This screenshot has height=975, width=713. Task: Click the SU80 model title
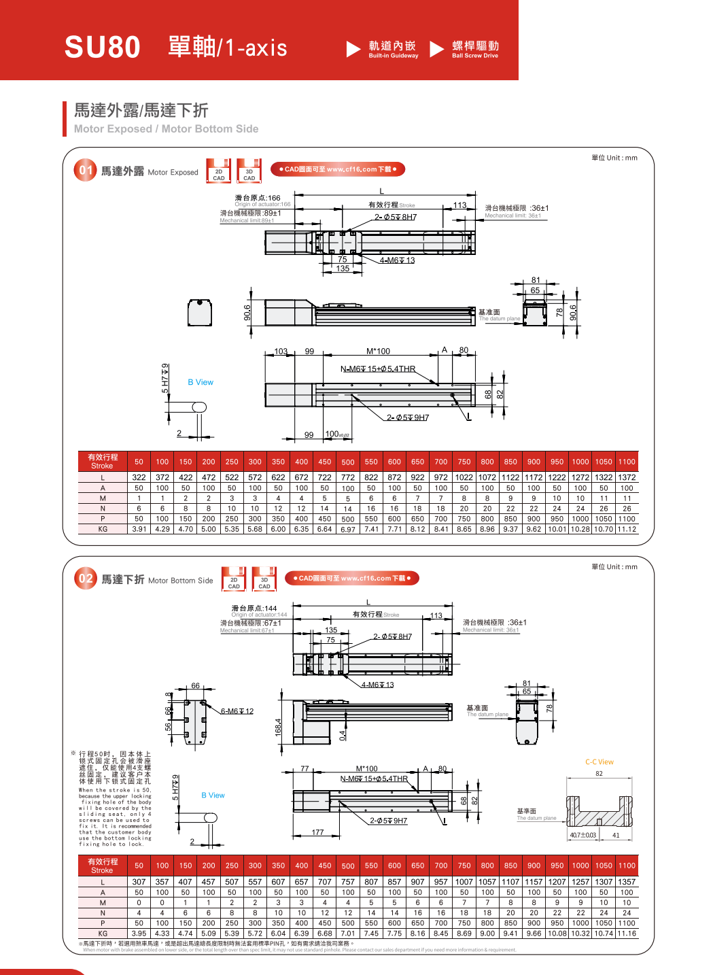[x=102, y=48]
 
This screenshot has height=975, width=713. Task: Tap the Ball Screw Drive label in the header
[x=475, y=56]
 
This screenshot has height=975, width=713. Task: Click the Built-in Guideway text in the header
[x=393, y=56]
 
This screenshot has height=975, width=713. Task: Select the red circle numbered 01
[x=85, y=170]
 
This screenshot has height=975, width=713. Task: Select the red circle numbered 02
[x=86, y=579]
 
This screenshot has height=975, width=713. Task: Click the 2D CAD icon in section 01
[x=219, y=171]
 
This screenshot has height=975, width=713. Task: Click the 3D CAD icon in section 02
[x=264, y=579]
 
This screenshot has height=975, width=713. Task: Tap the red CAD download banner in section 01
[x=337, y=169]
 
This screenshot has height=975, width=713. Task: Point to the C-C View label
[x=599, y=762]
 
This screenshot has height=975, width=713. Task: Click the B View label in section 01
[x=201, y=382]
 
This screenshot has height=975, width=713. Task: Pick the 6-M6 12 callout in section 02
[x=237, y=711]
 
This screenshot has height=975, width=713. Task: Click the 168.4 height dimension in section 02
[x=278, y=727]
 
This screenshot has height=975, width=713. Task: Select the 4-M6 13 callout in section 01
[x=397, y=260]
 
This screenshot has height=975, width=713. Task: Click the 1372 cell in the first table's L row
[x=627, y=477]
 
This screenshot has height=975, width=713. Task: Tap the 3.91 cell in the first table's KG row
[x=139, y=529]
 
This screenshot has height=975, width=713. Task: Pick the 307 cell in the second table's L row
[x=139, y=882]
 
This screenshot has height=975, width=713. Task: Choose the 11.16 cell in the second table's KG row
[x=627, y=934]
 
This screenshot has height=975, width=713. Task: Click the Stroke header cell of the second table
[x=103, y=866]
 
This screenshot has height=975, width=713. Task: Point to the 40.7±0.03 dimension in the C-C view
[x=582, y=835]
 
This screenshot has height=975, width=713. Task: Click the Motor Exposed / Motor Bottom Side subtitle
[x=166, y=129]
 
